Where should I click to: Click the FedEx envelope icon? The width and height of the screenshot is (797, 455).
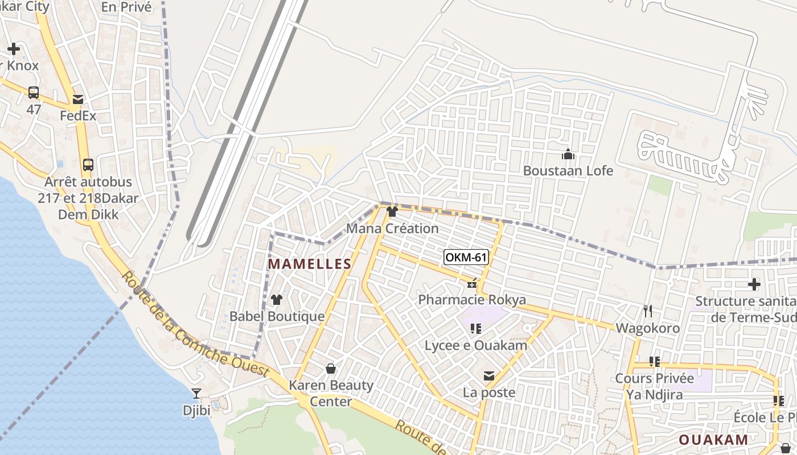78,100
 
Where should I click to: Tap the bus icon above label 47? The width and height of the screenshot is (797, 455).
34,92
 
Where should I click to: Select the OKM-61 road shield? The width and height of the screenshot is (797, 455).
466,257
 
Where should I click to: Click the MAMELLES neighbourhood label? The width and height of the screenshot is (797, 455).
310,264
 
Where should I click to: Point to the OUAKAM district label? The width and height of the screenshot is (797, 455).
713,440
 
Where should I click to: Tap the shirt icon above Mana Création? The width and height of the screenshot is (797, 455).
392,212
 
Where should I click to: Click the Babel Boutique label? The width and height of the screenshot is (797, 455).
277,317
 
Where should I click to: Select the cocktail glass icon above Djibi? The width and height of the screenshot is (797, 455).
196,393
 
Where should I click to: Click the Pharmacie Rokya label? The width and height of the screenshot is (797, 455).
472,300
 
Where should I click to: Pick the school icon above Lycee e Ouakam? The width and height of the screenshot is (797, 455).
476,328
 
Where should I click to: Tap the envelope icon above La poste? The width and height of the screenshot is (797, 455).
489,375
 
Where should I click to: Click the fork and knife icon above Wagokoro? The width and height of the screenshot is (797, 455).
647,311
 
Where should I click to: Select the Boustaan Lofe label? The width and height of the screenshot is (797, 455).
568,171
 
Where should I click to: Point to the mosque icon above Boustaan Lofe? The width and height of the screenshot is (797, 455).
568,154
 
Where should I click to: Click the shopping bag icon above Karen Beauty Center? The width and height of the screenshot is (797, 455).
331,369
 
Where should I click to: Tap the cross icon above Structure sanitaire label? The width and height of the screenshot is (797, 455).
754,284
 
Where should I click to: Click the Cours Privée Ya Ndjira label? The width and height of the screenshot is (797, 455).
654,386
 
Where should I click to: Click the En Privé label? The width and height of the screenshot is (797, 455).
126,7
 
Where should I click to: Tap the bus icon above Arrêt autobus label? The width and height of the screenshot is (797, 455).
88,165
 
